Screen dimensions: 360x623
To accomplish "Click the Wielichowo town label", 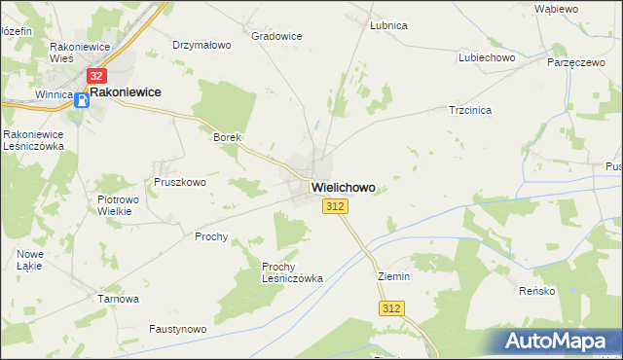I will point(343,186).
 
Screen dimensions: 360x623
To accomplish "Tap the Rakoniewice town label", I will point(126,92).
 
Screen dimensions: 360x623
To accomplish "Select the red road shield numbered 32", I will point(95,75).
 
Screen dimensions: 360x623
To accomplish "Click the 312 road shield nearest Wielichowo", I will point(335,206).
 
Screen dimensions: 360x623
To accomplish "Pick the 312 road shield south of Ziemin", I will point(391,307).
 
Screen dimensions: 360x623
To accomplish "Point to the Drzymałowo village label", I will point(201,45).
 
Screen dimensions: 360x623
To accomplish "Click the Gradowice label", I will point(276,36).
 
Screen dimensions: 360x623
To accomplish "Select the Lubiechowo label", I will point(486,57).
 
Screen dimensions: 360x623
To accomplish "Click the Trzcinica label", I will point(469,110).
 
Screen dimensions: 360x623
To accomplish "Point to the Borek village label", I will point(227,138).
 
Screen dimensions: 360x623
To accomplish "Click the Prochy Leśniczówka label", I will point(292,271).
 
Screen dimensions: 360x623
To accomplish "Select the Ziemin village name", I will point(393,276).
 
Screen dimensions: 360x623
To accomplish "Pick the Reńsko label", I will point(536,291).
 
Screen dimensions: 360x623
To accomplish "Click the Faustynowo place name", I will point(178,330).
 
